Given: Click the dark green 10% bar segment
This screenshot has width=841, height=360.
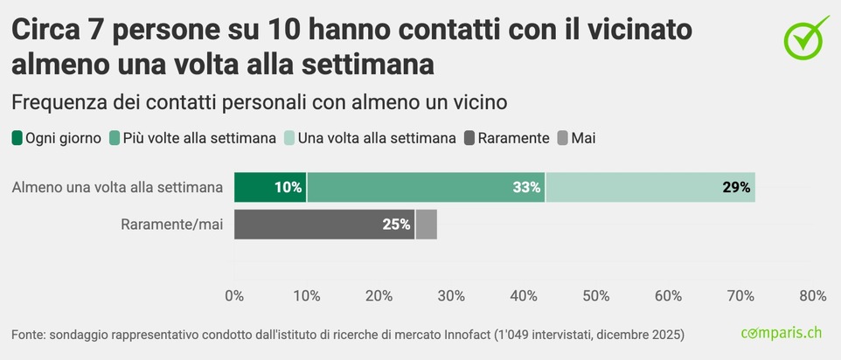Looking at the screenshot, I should pos(270,187).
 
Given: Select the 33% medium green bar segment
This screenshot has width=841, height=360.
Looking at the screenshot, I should pos(426,187).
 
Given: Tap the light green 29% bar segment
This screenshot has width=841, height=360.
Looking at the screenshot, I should pos(650,187).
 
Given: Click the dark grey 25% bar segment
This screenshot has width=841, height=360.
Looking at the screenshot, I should pos(324,225).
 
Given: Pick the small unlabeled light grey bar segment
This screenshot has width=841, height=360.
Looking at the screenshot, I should pos(426,225).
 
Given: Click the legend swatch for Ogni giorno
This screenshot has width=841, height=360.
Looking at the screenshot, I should pos(17,138).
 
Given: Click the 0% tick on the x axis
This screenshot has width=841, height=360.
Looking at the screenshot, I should pos(234,296).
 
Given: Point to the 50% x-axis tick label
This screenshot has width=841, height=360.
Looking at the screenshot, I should pos(595,296).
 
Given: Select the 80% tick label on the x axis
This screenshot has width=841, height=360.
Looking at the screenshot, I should pos(812,296).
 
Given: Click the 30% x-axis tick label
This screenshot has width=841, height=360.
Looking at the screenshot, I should pos(451,296).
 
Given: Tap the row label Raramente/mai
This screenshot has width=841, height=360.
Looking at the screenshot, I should pos(172,225).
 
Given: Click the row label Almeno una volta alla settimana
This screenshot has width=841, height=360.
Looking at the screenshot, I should pos(118,187).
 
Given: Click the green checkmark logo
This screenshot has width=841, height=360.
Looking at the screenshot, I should pos(804,38).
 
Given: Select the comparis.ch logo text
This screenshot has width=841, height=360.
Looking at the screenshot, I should pos(782,333).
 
